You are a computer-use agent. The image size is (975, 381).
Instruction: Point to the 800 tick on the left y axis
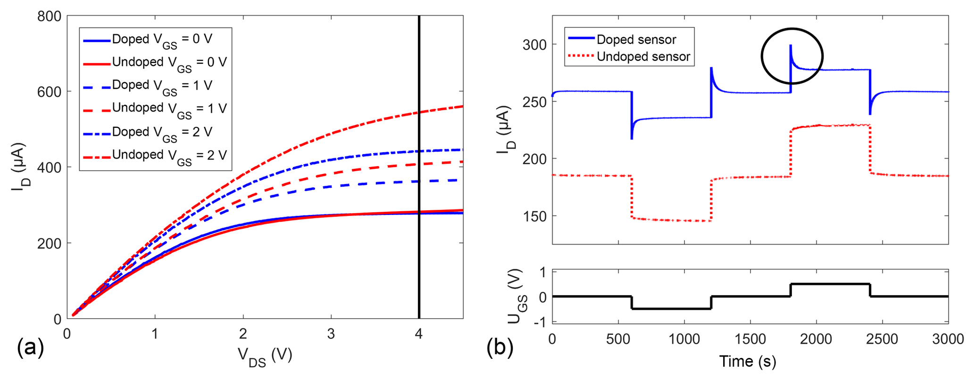tap(49, 17)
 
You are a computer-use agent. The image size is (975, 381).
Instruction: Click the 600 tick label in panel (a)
tap(49, 92)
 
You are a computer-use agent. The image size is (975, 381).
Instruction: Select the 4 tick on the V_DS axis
tap(419, 334)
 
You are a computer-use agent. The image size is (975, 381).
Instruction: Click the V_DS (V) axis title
tap(265, 356)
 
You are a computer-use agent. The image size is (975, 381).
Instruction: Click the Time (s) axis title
tap(748, 361)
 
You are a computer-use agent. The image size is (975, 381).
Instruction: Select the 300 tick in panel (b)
tap(535, 45)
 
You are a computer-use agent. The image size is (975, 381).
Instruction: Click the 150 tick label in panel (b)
tap(535, 216)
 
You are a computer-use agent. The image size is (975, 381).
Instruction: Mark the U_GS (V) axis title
tap(517, 296)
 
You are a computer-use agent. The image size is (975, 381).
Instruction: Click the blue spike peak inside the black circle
tap(791, 46)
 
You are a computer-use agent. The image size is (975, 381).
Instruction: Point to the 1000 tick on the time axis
tap(684, 339)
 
